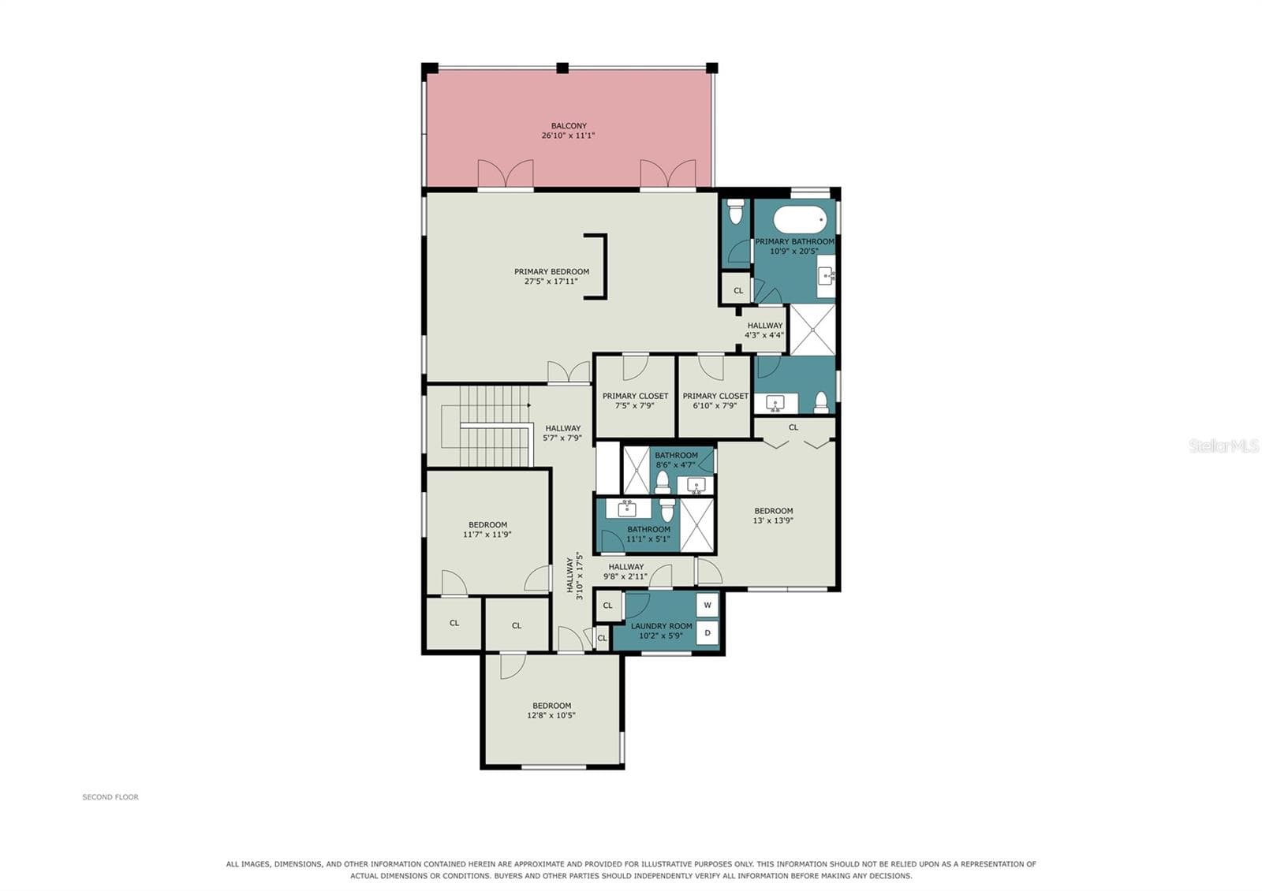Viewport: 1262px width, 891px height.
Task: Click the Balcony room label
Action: pos(569,125)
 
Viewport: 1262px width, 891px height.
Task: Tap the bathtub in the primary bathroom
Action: pos(800,219)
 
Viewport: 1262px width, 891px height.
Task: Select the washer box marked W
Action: pos(708,605)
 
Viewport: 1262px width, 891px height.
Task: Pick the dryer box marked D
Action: pos(708,632)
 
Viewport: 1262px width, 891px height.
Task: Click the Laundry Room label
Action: pos(662,626)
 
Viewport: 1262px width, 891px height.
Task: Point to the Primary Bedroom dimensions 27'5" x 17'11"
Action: pos(551,281)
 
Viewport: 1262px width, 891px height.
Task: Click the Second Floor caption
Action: pos(110,797)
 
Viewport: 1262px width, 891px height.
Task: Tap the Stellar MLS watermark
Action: pos(1223,446)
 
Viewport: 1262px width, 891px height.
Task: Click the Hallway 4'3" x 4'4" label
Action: pos(764,330)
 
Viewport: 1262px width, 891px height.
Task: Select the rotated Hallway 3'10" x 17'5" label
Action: pos(574,579)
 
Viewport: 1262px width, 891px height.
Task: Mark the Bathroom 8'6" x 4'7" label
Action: pos(676,460)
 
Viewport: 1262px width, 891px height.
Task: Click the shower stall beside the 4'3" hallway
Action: pos(812,330)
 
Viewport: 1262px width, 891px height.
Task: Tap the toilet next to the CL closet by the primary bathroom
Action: pos(736,212)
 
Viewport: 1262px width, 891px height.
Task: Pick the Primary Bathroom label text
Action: pos(794,241)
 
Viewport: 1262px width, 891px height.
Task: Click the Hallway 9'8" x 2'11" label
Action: pos(625,572)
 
